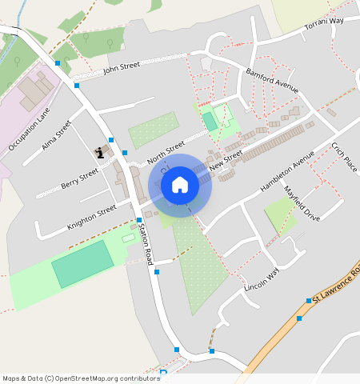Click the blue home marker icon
point(180,186)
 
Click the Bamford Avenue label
point(271,80)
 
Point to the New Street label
point(226,162)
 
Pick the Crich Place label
point(344,156)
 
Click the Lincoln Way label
point(262,279)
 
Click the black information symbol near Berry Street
point(100,152)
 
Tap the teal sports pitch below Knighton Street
point(82,264)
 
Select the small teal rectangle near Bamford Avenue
point(210,121)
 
